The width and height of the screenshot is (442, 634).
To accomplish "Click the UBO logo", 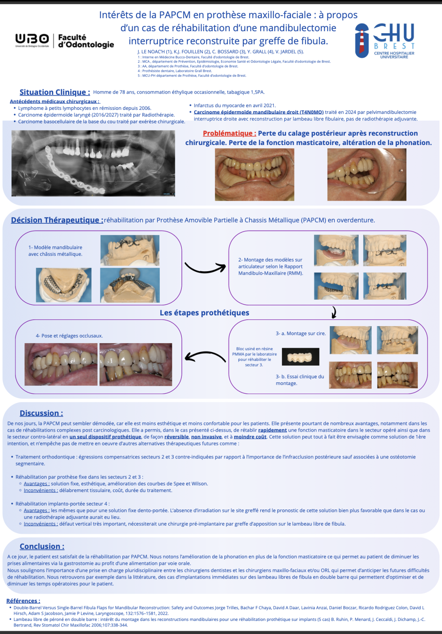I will [32, 40].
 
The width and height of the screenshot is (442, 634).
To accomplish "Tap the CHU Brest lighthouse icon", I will [361, 41].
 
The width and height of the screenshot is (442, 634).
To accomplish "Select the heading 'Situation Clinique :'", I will [55, 92].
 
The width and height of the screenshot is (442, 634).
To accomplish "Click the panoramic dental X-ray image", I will [93, 163].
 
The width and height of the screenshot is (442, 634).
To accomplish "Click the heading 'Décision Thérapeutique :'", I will [57, 220].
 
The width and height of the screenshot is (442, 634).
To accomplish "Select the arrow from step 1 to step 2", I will [205, 268].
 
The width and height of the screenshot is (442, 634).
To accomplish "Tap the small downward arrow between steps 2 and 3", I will [334, 313].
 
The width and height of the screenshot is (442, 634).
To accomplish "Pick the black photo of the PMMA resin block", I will [300, 357].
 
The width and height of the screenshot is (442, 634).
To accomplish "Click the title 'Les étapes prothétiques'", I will [204, 313].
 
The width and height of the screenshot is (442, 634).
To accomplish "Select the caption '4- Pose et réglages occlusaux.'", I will [69, 336].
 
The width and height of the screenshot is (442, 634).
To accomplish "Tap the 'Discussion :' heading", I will [41, 413].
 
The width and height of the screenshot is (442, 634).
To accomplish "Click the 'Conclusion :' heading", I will [42, 546].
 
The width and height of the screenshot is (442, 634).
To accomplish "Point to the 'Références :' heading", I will [23, 601].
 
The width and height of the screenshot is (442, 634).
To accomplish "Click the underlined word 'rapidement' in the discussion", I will [272, 430].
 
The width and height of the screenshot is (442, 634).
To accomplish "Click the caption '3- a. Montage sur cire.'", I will [300, 334].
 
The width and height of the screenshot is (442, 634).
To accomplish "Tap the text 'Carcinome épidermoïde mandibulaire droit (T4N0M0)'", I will [259, 112].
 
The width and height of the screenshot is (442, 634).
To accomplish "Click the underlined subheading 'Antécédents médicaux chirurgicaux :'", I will [55, 102].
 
